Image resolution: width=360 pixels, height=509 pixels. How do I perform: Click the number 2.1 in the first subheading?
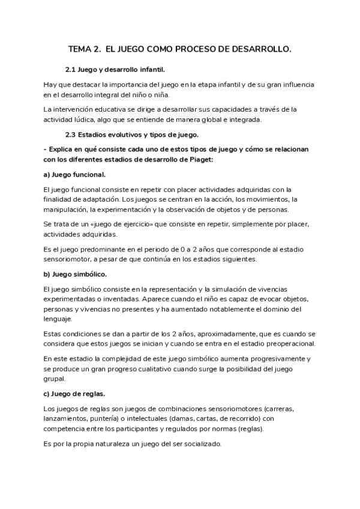72,70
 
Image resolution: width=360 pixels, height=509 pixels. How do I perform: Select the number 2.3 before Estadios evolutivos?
72,134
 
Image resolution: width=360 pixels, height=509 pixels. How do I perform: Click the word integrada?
244,119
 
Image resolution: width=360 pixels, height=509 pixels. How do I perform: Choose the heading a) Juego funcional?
75,174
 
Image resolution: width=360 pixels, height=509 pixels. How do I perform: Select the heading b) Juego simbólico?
76,274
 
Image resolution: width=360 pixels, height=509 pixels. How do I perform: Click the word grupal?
56,378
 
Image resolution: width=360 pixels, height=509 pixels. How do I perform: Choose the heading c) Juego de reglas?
74,394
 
